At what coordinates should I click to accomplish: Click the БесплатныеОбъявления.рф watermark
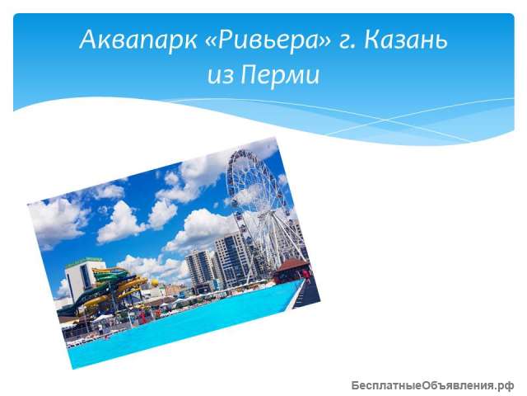point(432,384)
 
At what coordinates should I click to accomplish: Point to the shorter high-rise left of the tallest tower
point(199,268)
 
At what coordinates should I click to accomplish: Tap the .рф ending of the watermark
point(504,384)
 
